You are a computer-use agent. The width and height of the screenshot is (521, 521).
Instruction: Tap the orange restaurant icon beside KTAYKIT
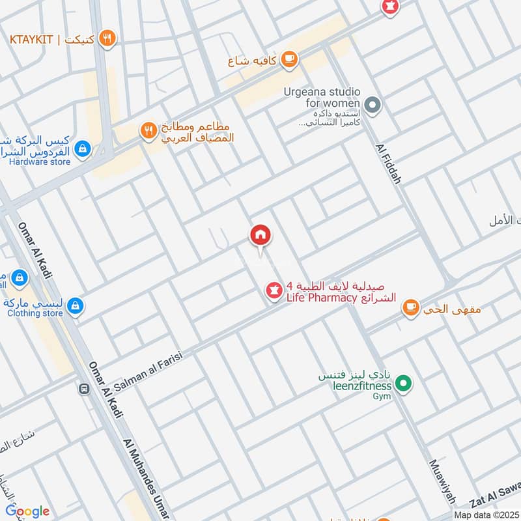point(108,39)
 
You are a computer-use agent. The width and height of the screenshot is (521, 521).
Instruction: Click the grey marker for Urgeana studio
point(372,104)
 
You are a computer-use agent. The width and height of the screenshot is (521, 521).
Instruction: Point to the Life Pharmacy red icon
point(274,291)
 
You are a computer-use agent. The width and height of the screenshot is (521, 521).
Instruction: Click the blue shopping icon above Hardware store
point(82,149)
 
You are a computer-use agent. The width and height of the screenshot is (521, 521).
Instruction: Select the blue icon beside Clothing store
point(75,305)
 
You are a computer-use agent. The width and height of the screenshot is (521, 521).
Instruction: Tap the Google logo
point(27,511)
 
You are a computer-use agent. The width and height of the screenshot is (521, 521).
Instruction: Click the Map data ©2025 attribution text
point(485,514)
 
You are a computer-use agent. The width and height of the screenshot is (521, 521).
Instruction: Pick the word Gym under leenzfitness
point(382,396)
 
